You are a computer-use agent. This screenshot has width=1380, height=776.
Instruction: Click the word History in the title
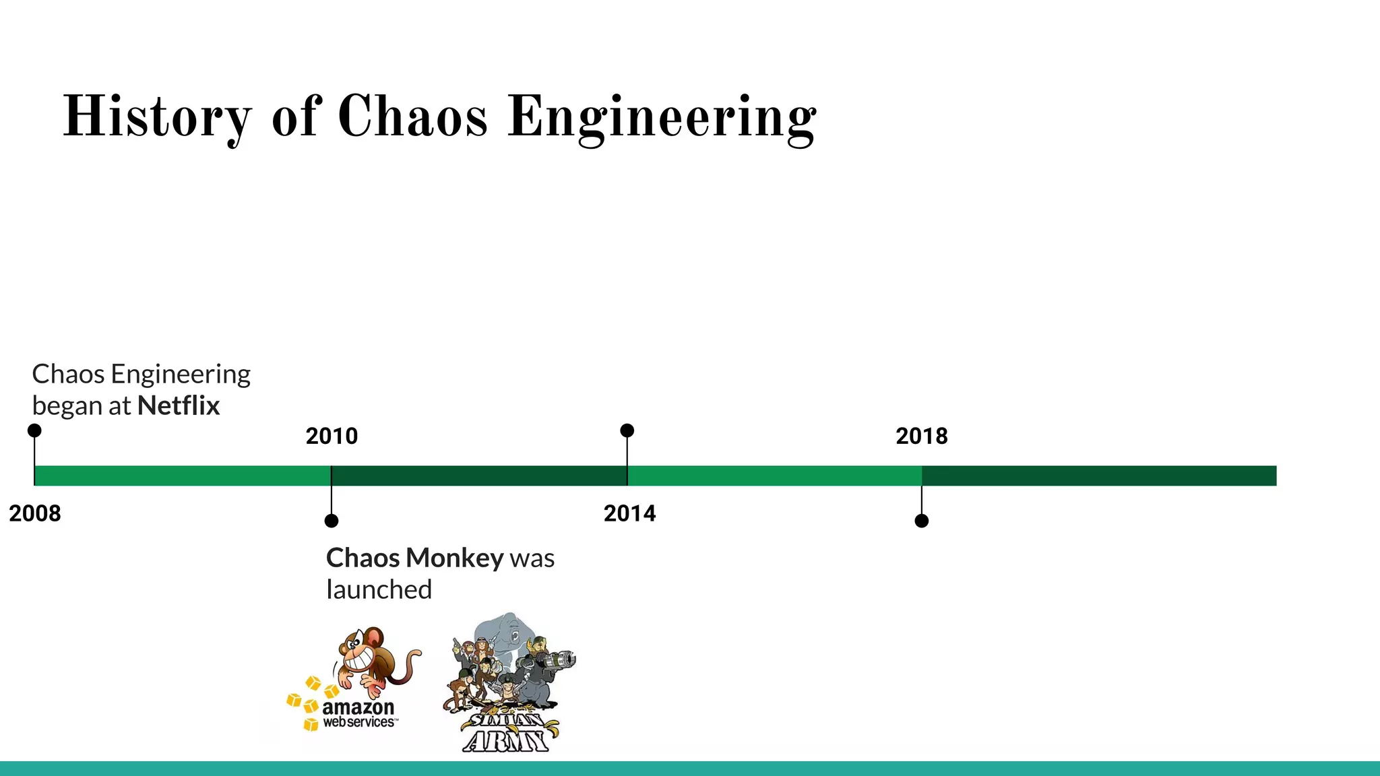(x=156, y=117)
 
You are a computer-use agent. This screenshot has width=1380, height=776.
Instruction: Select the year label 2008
(x=35, y=513)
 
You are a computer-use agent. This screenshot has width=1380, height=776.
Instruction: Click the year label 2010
(x=332, y=436)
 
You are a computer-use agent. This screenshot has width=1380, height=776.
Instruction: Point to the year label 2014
(x=629, y=513)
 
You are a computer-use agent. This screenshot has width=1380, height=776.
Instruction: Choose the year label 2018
(x=921, y=436)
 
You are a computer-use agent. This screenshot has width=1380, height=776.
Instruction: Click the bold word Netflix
(x=179, y=406)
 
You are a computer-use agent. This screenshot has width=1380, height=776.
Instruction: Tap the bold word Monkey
(x=455, y=558)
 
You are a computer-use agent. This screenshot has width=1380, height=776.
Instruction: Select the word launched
(x=379, y=589)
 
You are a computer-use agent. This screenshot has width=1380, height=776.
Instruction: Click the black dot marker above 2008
(x=34, y=430)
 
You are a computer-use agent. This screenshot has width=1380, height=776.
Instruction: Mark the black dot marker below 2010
(x=332, y=521)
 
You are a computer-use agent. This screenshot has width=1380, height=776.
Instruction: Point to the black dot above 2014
(x=627, y=430)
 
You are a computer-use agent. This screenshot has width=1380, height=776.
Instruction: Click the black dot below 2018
(x=922, y=521)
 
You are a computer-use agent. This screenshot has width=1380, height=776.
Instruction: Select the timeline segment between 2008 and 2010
(x=182, y=476)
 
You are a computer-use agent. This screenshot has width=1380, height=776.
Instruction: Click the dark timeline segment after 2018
(x=1098, y=476)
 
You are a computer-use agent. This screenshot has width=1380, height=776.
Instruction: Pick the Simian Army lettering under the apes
(x=507, y=733)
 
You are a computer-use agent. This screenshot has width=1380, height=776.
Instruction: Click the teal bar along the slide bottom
(x=690, y=769)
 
